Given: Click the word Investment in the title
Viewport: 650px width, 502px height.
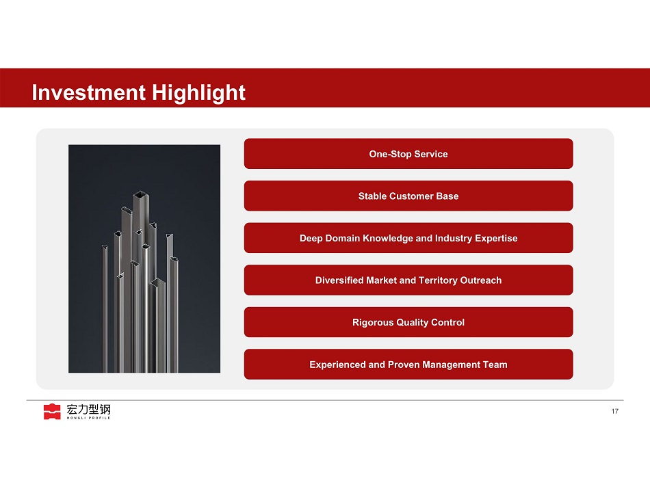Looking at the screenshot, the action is [89, 92].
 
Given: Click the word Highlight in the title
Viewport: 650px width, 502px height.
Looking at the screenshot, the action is [198, 93].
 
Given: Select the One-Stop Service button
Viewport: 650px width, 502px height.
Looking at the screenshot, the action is [408, 154].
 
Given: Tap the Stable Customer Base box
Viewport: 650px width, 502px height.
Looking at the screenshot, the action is [408, 196].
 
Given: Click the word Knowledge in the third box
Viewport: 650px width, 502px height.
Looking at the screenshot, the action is [387, 239].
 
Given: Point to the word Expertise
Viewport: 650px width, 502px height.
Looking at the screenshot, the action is [496, 239].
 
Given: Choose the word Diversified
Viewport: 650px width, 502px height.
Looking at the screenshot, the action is [339, 280].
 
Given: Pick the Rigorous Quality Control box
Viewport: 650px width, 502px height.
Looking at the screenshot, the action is [408, 322].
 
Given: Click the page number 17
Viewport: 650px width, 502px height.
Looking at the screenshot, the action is [615, 411].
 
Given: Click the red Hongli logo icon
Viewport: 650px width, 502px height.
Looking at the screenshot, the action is [52, 412].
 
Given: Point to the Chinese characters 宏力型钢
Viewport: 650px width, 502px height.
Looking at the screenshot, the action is [89, 410].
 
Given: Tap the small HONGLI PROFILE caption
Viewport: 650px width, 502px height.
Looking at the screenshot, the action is [89, 418].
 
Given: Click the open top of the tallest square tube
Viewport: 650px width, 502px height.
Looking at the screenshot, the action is [141, 194].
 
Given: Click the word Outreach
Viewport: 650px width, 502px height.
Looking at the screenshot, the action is [481, 280].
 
